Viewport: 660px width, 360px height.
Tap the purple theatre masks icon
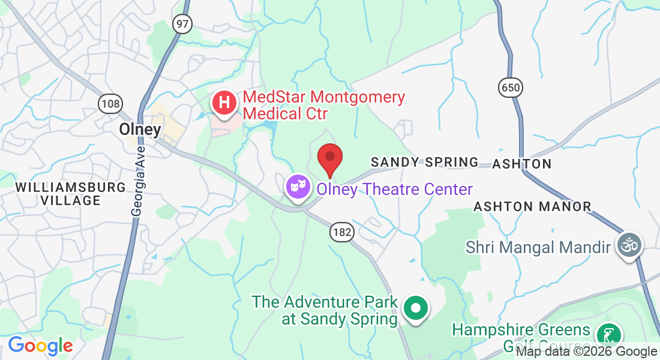[297, 187]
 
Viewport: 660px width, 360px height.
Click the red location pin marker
[329, 158]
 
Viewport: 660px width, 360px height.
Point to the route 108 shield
[110, 104]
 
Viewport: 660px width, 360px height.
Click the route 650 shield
[510, 88]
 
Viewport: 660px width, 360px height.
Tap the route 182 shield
[341, 232]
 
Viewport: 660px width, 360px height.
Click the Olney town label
[140, 129]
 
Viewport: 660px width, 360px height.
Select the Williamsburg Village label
[71, 193]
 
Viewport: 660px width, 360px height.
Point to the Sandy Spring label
[424, 162]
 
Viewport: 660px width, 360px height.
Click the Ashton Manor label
[532, 206]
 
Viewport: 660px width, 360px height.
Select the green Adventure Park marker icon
[415, 308]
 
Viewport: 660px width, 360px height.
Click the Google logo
[40, 346]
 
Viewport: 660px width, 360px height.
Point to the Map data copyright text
[587, 352]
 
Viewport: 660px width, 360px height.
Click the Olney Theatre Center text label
[394, 189]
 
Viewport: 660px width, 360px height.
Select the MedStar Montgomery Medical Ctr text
[323, 104]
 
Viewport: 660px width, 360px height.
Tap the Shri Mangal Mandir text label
[538, 246]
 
